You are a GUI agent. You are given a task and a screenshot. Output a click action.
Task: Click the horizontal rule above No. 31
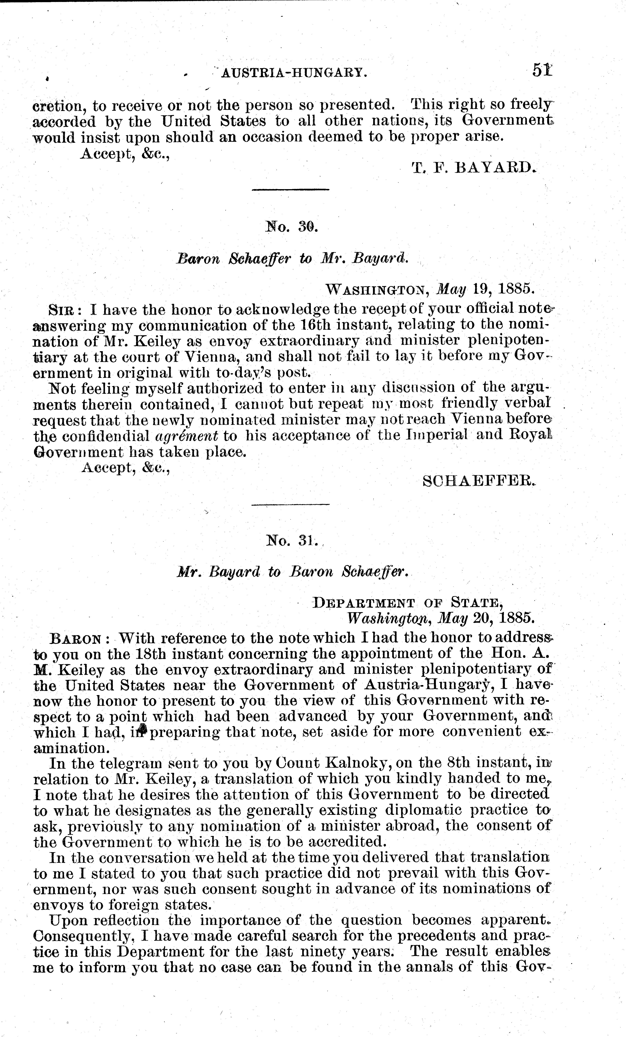pos(291,504)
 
